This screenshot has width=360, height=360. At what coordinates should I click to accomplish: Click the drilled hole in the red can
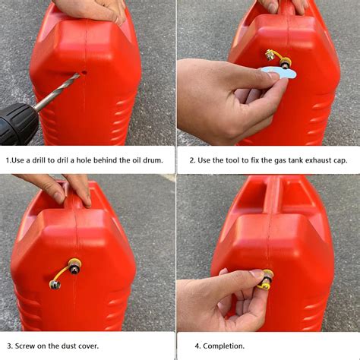[x=84, y=73]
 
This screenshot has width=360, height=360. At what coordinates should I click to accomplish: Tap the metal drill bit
[x=58, y=92]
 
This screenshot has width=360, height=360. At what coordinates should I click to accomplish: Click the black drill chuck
[x=17, y=124]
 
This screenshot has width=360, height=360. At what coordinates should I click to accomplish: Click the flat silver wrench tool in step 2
[x=278, y=72]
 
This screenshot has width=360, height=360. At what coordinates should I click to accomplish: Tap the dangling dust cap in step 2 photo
[x=269, y=55]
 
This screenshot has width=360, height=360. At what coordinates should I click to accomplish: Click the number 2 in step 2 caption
[x=192, y=160]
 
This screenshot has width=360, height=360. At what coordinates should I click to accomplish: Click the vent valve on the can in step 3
[x=75, y=266]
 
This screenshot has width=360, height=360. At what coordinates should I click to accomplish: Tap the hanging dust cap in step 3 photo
[x=55, y=285]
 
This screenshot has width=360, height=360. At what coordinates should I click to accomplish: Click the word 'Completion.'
[x=224, y=346]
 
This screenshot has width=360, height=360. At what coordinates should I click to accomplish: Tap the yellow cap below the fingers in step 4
[x=264, y=287]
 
